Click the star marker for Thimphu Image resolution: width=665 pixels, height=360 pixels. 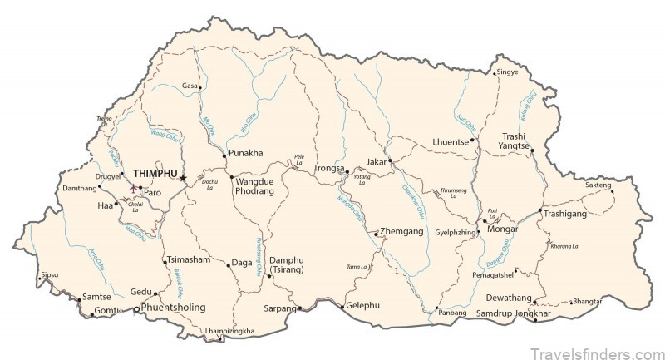point(183,177)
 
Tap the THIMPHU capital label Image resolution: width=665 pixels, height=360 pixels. point(155,166)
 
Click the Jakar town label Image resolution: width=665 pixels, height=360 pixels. point(377,162)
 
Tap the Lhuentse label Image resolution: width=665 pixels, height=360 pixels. point(450,142)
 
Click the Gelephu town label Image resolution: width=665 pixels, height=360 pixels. point(363,304)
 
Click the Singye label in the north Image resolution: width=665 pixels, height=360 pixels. point(507,72)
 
